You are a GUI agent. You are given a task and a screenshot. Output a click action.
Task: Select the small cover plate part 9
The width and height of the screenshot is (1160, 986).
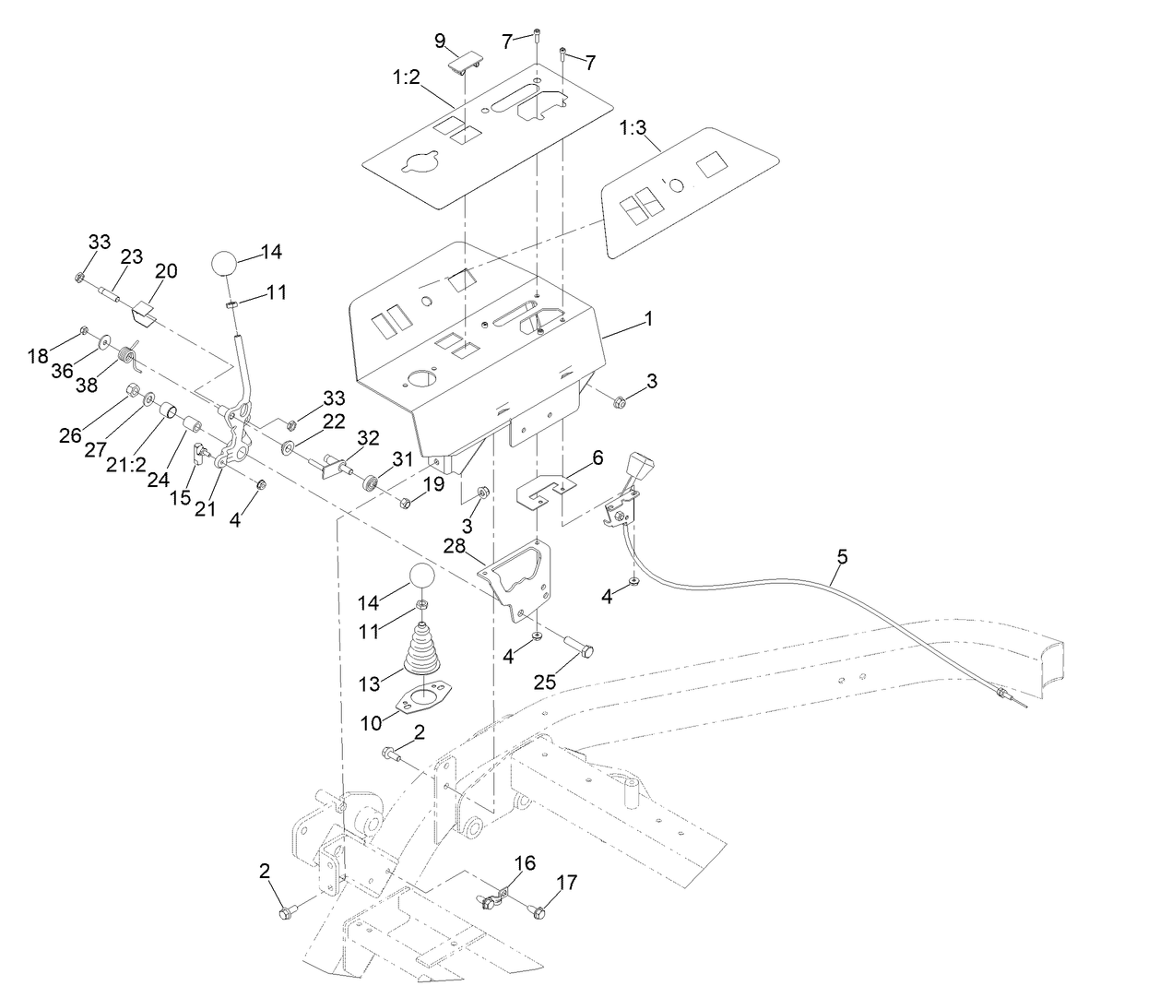[466, 61]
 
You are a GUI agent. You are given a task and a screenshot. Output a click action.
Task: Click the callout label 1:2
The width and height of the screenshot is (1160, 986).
[405, 78]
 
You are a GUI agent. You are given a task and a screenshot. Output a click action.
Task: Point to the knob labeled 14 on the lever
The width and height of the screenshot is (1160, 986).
[226, 262]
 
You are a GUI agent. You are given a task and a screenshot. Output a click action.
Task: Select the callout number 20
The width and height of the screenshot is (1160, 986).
[166, 271]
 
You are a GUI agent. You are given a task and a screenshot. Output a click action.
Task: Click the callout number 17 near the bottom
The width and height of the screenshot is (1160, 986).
[566, 883]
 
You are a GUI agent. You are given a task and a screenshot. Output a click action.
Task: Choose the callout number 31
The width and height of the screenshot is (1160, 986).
[403, 458]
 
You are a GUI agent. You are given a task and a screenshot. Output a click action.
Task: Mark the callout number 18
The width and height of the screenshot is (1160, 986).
[37, 356]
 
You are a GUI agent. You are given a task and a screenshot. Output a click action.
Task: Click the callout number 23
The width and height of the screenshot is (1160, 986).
[132, 256]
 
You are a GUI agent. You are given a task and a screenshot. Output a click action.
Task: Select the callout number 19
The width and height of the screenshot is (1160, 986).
[433, 483]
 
